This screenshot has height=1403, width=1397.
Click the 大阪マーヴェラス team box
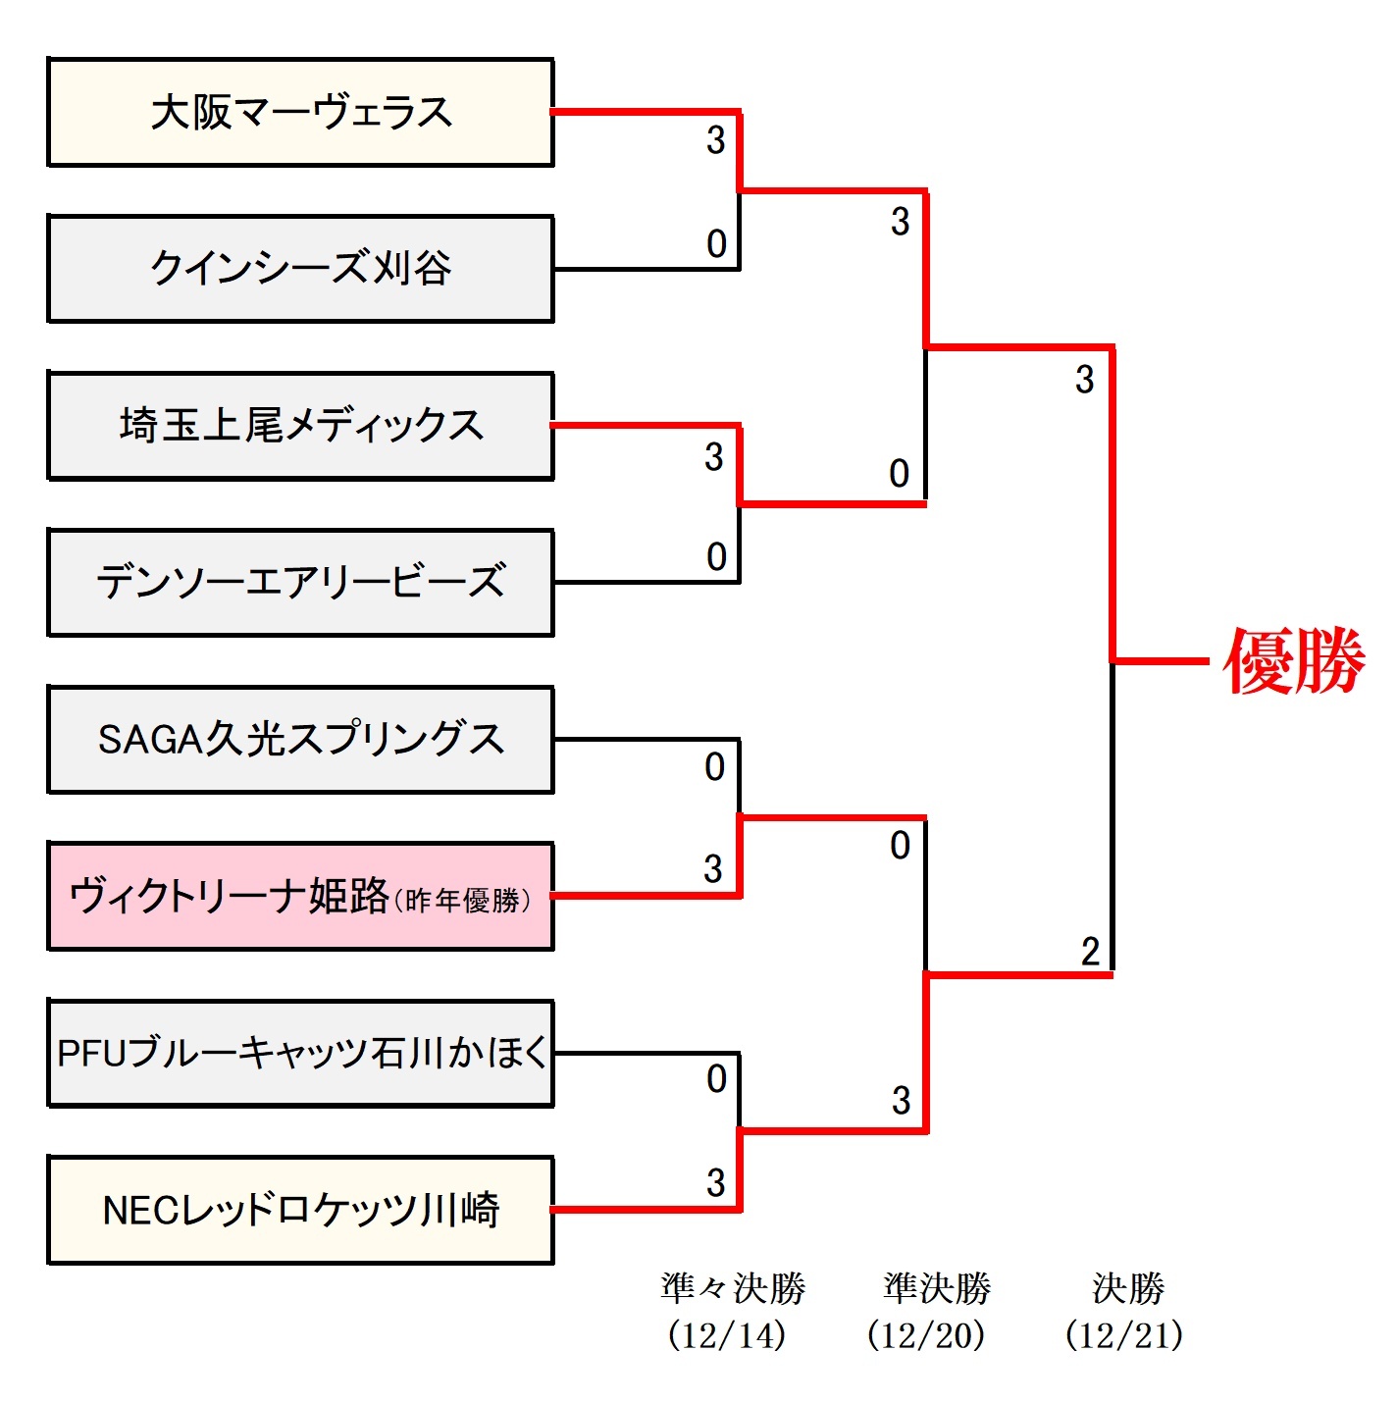click(300, 112)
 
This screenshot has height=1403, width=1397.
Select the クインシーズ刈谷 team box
click(300, 269)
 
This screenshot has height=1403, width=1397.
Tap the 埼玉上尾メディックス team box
click(300, 426)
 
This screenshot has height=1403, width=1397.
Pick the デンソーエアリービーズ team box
click(300, 583)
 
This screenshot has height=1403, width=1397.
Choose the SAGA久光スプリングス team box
click(300, 740)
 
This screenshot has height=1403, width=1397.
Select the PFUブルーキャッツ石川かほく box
click(300, 1054)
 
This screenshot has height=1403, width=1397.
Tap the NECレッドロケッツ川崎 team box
click(300, 1211)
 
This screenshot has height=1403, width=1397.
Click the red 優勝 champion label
click(1294, 661)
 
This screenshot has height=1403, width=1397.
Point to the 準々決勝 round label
click(733, 1288)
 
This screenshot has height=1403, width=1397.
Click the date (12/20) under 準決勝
click(926, 1335)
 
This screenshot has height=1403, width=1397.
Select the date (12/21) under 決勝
click(1124, 1335)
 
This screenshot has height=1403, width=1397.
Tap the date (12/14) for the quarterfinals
click(727, 1335)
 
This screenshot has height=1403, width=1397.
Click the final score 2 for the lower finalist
click(1090, 952)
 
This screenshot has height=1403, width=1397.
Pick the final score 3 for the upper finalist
click(1084, 380)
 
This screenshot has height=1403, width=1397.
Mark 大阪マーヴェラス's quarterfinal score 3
click(716, 140)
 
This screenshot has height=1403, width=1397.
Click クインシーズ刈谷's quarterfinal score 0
click(716, 244)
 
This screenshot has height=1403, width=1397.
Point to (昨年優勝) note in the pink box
click(462, 901)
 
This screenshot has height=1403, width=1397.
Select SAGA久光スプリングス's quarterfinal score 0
click(715, 767)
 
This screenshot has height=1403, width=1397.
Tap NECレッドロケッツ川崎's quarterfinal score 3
click(716, 1183)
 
